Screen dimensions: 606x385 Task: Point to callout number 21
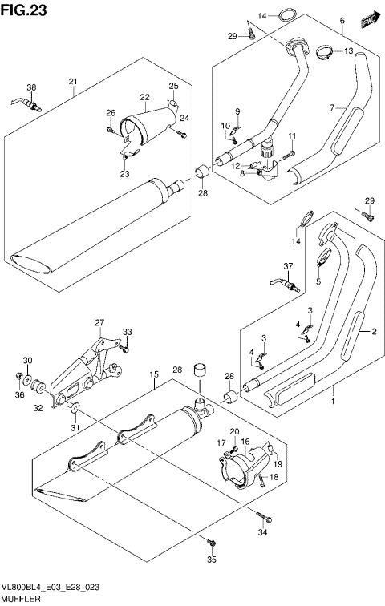[72, 82]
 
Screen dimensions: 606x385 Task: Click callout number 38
[31, 87]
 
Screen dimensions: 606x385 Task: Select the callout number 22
[145, 98]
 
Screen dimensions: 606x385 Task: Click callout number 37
[287, 267]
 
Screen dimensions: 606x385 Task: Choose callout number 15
[152, 374]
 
